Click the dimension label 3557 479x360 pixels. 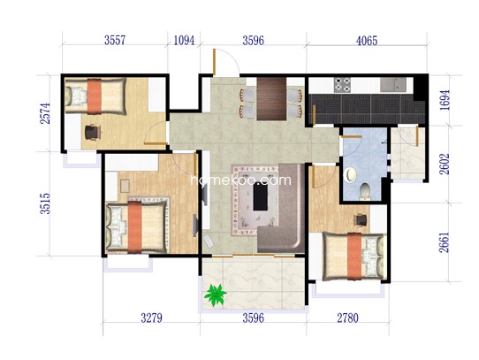click(x=115, y=40)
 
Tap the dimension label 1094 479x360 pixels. click(x=184, y=40)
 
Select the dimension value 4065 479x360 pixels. click(x=367, y=41)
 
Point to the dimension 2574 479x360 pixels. click(x=45, y=113)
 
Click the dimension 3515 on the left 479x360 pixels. click(x=45, y=203)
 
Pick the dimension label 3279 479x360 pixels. click(x=151, y=318)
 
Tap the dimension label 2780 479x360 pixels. click(x=347, y=318)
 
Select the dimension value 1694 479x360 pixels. click(x=445, y=100)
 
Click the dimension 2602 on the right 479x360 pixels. click(x=445, y=164)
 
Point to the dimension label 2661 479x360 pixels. click(x=445, y=242)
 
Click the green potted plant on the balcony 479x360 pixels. click(x=216, y=295)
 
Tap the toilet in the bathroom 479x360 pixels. click(x=365, y=191)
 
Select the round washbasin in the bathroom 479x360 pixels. click(x=350, y=175)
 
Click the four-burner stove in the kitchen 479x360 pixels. click(x=342, y=85)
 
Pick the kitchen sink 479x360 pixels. click(x=393, y=84)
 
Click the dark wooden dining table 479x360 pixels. click(x=271, y=99)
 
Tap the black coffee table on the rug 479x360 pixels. click(x=261, y=197)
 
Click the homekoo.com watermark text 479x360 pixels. click(x=240, y=180)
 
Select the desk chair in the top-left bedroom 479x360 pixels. click(x=93, y=132)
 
